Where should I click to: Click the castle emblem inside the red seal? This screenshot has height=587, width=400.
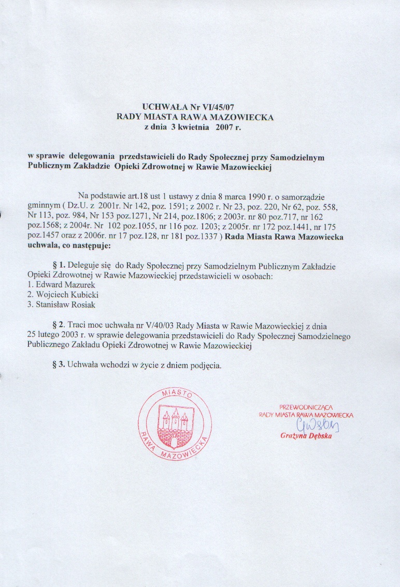(x=175, y=421)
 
